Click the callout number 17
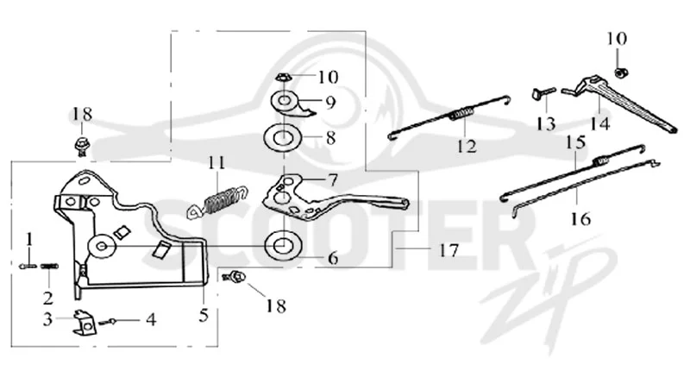pos(448,250)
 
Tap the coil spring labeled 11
pos(218,202)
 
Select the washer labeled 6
pos(283,246)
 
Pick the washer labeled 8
pos(282,138)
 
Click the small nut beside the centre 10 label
pos(283,78)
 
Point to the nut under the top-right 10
pos(620,72)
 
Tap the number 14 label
pos(599,123)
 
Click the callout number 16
pos(580,217)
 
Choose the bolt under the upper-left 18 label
pos(81,146)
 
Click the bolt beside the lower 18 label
pos(235,277)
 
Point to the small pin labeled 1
pos(27,266)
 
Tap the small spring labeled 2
pos(49,267)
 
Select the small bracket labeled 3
pos(84,323)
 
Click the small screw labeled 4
pos(109,322)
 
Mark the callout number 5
pos(204,315)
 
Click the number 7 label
pos(333,180)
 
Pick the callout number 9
pos(330,103)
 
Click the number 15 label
pos(576,142)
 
